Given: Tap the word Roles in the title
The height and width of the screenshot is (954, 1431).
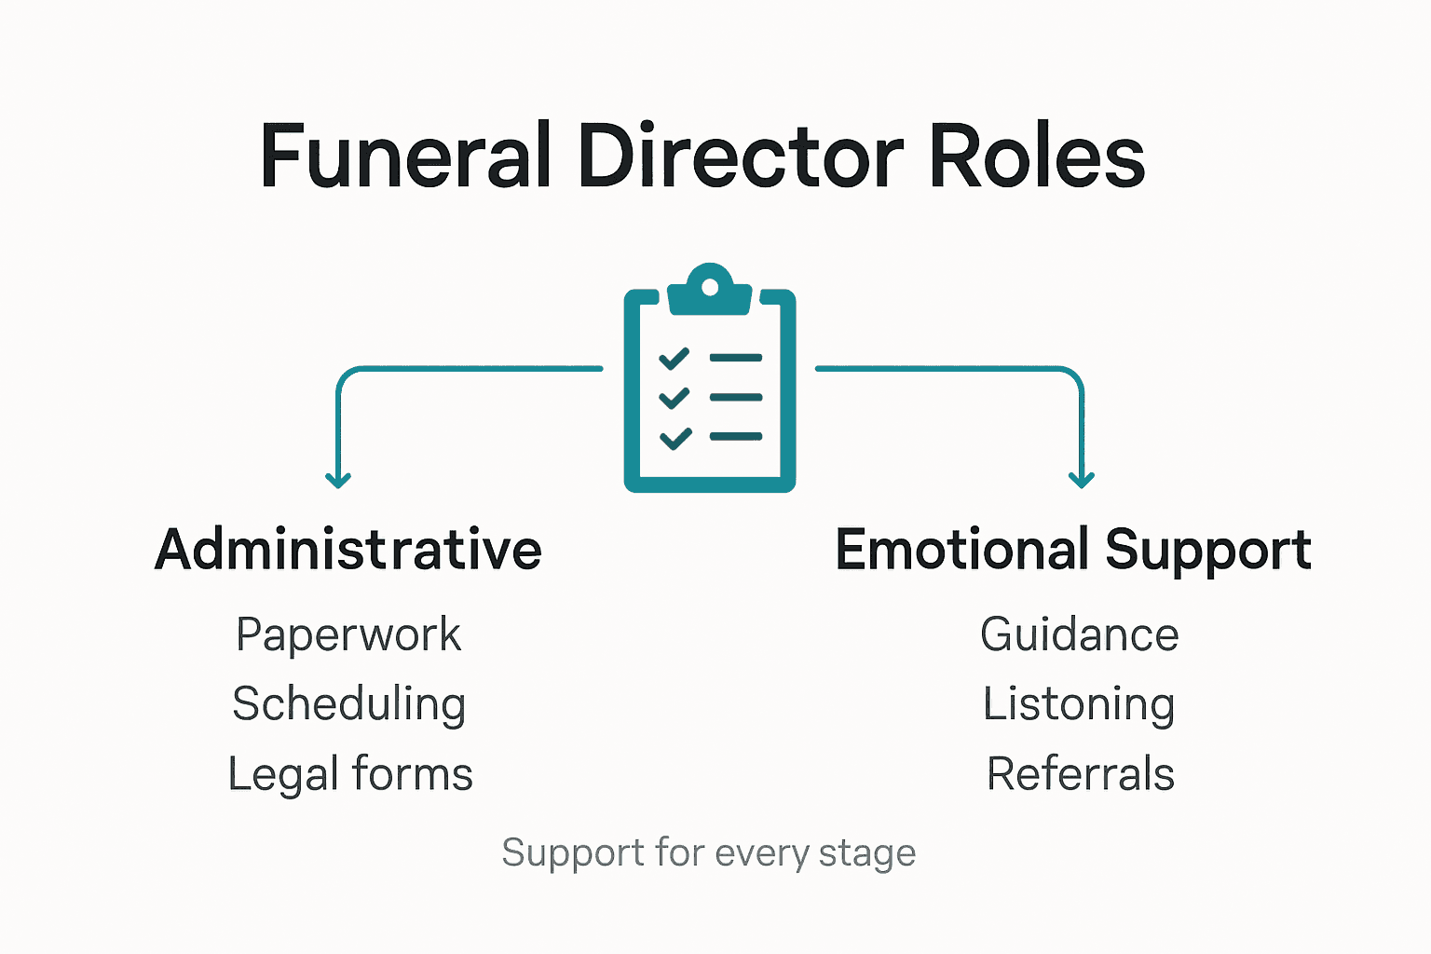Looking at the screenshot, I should click(x=1037, y=157).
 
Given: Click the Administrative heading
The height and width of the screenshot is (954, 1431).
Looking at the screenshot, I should click(x=348, y=550).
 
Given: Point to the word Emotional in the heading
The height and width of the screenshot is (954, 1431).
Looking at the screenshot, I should click(x=961, y=550).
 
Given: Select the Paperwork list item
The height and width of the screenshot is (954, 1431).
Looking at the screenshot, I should click(x=348, y=635).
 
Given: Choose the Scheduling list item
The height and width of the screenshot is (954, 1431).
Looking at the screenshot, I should click(x=349, y=705).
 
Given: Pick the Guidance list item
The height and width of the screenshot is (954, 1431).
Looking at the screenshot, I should click(x=1080, y=635).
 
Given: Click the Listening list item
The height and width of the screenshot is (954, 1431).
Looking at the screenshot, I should click(x=1080, y=705).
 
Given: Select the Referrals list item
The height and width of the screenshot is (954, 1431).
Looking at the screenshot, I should click(x=1081, y=774).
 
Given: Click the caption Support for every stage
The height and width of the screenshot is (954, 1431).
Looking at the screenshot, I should click(x=708, y=853).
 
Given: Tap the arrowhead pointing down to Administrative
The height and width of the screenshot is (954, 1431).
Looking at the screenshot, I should click(x=338, y=480).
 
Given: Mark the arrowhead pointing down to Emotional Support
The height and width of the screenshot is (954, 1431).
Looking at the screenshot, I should click(x=1082, y=480).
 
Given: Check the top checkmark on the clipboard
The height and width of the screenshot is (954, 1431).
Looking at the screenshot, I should click(x=675, y=359).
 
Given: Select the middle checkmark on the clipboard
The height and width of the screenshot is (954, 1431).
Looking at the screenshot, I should click(x=675, y=398).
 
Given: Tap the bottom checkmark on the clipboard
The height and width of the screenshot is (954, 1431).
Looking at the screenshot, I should click(x=675, y=437).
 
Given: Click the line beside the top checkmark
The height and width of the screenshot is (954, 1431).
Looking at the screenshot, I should click(x=736, y=358).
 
